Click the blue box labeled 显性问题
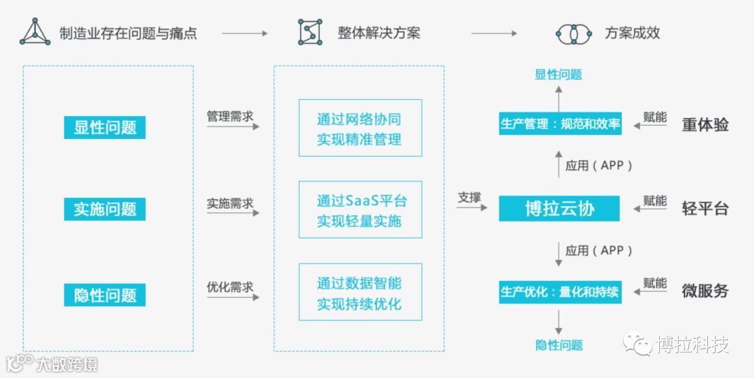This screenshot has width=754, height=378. point(105,127)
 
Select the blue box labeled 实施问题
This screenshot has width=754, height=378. point(105,209)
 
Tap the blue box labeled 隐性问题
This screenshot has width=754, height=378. point(105,294)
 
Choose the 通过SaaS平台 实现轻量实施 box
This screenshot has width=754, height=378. point(360,210)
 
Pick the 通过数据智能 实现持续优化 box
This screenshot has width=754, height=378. point(360,293)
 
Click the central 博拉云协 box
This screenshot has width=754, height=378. point(559,209)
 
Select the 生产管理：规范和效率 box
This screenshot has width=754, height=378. point(560,124)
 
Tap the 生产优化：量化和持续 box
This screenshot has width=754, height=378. point(560,291)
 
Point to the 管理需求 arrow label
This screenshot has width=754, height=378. point(230,116)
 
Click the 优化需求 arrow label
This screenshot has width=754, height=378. point(230,287)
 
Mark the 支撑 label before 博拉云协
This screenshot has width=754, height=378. point(469,198)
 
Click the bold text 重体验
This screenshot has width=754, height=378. point(705,124)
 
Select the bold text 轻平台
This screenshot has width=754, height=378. point(705,208)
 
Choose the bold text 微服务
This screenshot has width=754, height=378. point(705,291)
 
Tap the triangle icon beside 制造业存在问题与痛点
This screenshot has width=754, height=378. point(35,32)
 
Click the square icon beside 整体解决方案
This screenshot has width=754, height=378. point(310,32)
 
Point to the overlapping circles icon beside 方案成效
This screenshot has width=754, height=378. point(573,33)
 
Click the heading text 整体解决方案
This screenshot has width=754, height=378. point(379,33)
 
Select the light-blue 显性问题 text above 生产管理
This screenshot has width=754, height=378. point(559,75)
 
